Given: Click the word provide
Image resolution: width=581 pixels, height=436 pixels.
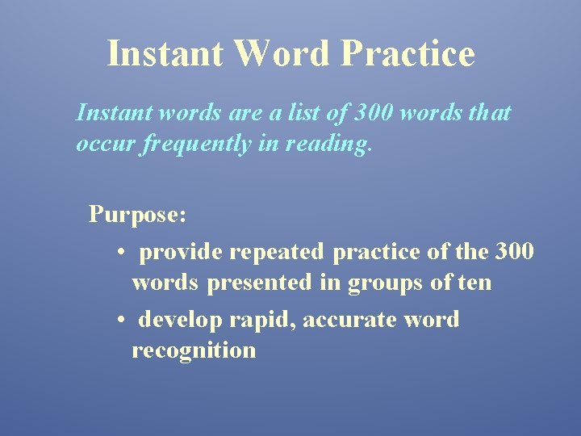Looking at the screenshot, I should click(181, 252).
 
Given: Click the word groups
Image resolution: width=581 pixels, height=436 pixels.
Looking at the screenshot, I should click(386, 284).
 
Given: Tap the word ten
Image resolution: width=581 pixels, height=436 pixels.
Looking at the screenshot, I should click(474, 283).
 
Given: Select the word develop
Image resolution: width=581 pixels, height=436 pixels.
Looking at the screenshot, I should click(181, 320).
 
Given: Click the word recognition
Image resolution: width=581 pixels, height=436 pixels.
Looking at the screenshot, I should click(194, 350).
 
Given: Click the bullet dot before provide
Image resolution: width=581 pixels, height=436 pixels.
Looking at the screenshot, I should click(119, 252).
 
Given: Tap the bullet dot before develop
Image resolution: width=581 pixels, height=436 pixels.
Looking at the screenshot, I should click(119, 320).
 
